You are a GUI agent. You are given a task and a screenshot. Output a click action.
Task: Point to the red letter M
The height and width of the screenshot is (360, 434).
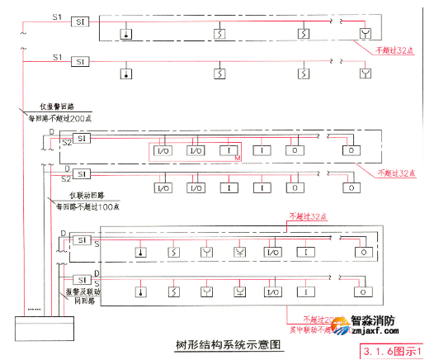pyautogui.click(x=237, y=158)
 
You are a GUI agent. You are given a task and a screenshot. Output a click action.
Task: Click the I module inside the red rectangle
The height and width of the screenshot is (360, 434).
pyautogui.click(x=225, y=150)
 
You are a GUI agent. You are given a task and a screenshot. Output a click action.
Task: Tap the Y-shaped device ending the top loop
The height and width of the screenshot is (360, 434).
pyautogui.click(x=366, y=34)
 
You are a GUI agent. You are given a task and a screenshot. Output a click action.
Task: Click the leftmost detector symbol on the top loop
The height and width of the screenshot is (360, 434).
pyautogui.click(x=126, y=34)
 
